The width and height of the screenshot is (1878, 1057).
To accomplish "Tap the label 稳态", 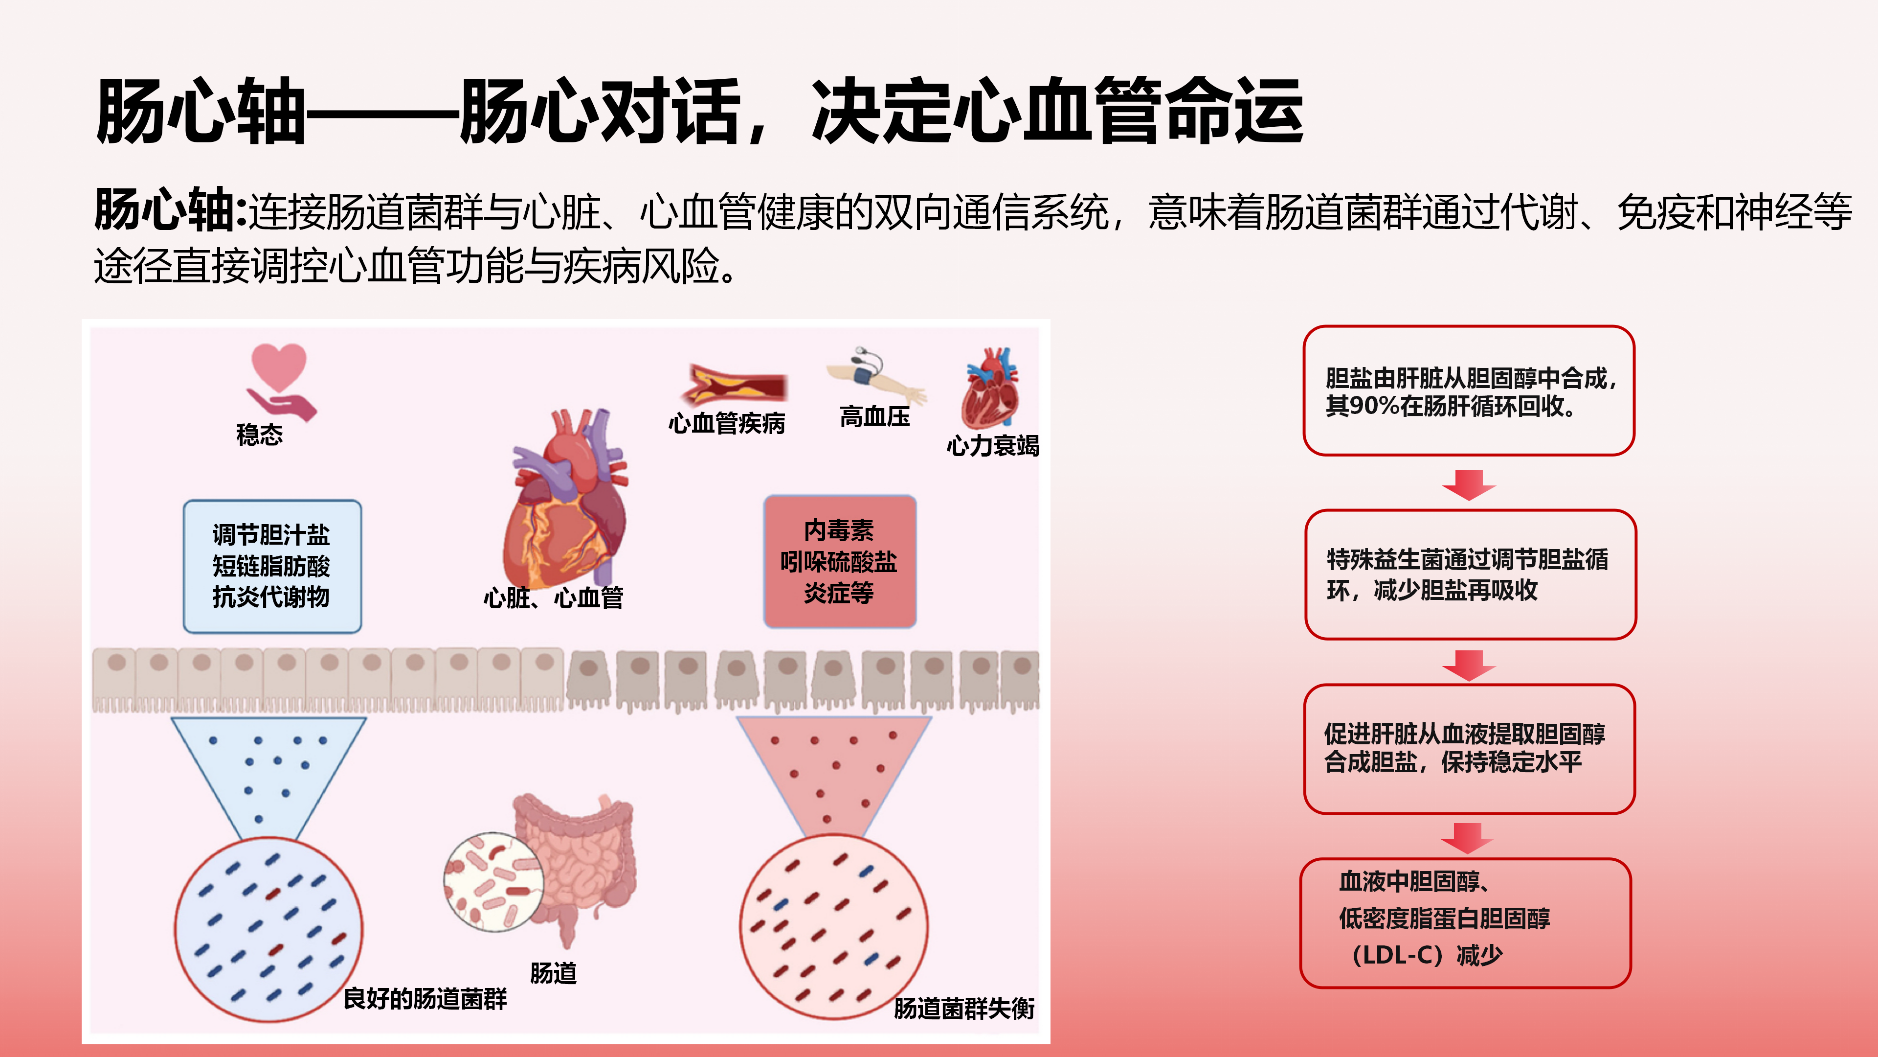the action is (x=260, y=435).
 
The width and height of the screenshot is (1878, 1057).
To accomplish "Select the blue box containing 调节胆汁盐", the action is (x=272, y=566).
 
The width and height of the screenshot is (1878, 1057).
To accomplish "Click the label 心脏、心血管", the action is (x=553, y=597).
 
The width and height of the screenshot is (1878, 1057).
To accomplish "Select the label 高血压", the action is (x=875, y=417).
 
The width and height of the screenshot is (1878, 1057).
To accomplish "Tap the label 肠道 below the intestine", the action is (x=553, y=973).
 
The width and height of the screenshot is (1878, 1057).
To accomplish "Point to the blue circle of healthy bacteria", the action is (x=268, y=929).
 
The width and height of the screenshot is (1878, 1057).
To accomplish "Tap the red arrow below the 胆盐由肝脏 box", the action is (x=1469, y=485).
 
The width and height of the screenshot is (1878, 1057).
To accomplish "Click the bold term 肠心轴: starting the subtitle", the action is (x=171, y=211).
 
